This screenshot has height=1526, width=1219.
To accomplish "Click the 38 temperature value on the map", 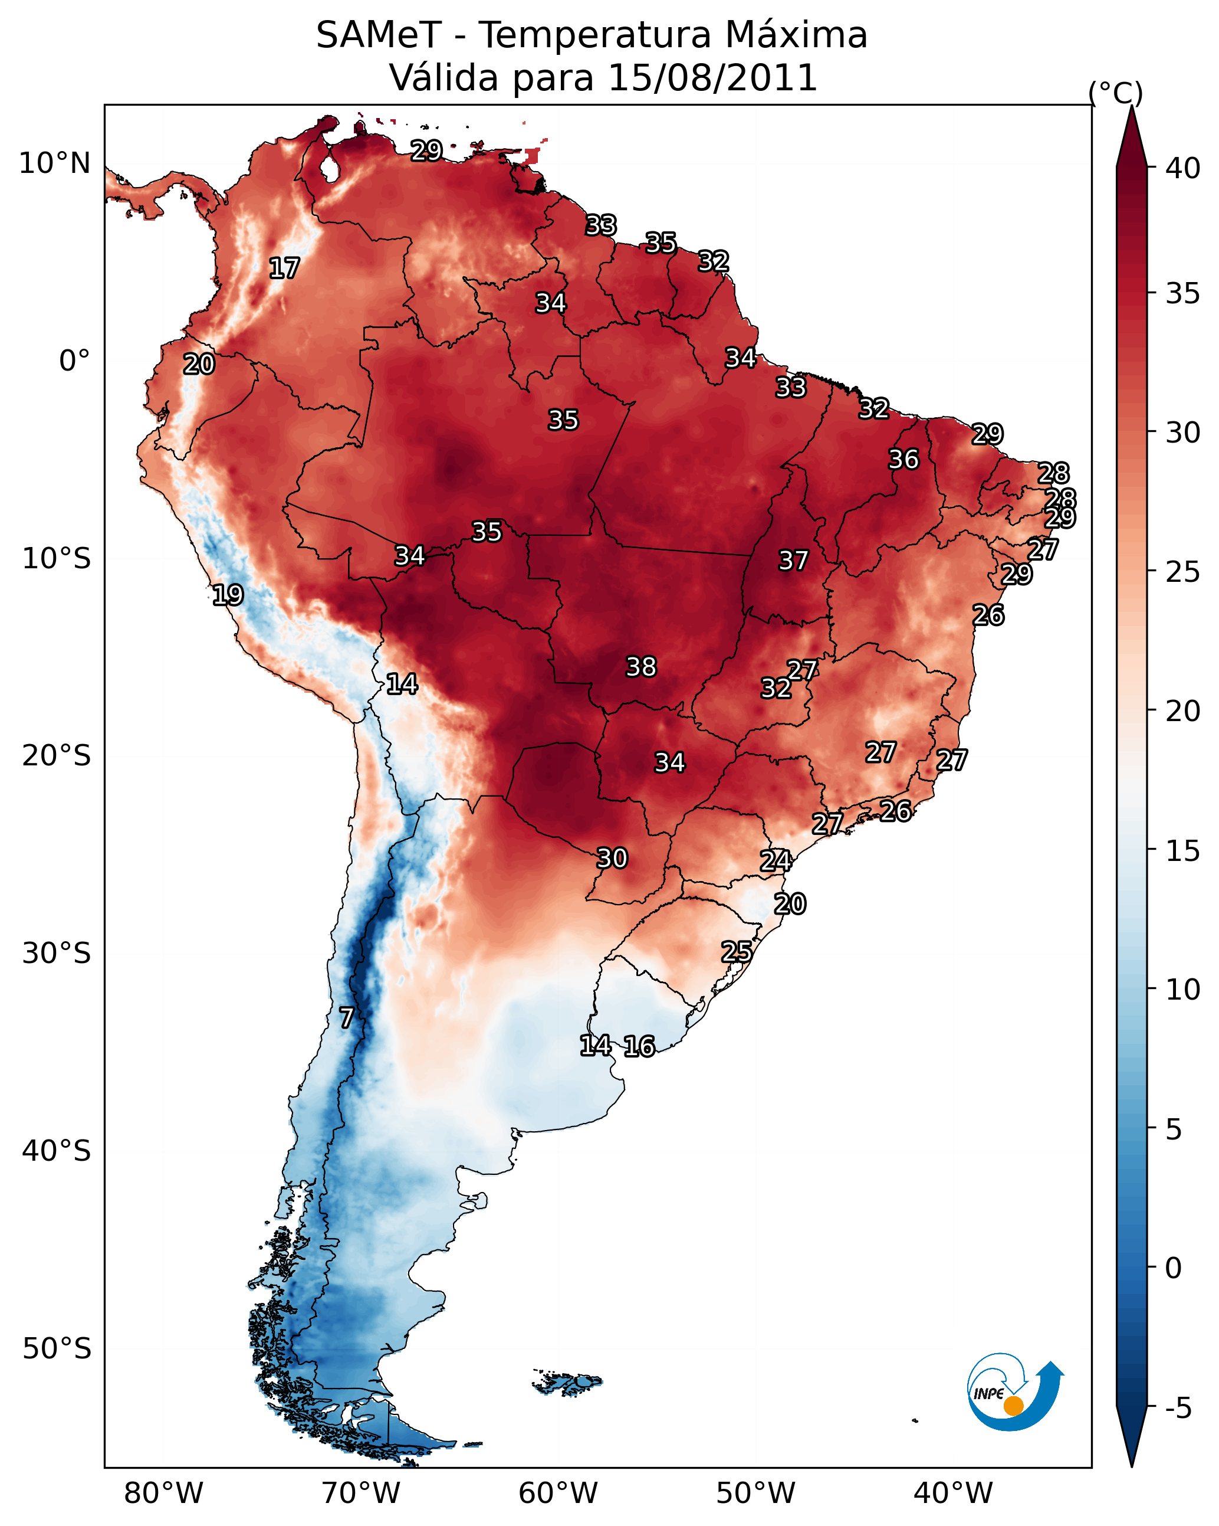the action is click(x=641, y=667).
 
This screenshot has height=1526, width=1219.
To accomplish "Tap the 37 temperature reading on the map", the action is click(x=793, y=561).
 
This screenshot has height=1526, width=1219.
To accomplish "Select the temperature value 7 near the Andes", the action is click(x=346, y=1018).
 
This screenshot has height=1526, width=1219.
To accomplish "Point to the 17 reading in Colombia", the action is click(x=284, y=268).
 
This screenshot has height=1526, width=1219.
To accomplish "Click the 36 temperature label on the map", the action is click(x=903, y=459).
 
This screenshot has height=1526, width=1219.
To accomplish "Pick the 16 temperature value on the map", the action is click(x=639, y=1046).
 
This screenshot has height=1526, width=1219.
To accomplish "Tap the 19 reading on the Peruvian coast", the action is click(x=228, y=595).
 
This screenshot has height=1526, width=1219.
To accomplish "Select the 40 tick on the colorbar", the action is click(x=1184, y=168).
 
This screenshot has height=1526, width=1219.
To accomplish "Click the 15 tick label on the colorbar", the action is click(x=1184, y=851).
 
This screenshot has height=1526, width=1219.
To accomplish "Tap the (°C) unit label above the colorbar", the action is click(x=1116, y=93).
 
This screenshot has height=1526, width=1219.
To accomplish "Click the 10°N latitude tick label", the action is click(x=54, y=163).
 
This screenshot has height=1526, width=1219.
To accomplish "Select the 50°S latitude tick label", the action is click(x=57, y=1349).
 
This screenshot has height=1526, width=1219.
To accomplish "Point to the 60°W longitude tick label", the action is click(x=558, y=1494).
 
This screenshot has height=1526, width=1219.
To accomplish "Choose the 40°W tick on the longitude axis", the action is click(x=953, y=1494).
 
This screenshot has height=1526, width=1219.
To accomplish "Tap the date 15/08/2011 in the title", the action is click(x=712, y=78).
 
